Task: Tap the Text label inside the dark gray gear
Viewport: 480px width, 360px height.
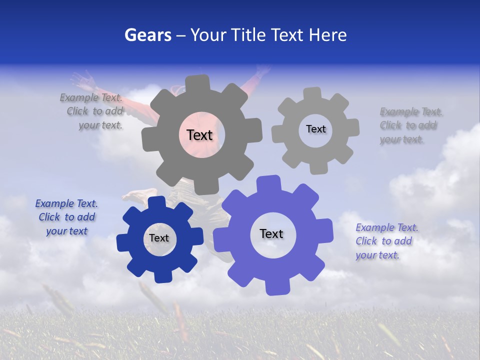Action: pyautogui.click(x=199, y=135)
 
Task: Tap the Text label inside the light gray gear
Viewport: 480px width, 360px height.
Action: pyautogui.click(x=315, y=129)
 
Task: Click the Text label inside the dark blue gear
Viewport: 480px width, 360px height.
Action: pyautogui.click(x=158, y=238)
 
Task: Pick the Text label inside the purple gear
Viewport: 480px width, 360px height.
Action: pyautogui.click(x=271, y=233)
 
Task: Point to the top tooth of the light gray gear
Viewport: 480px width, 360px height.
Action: pyautogui.click(x=312, y=93)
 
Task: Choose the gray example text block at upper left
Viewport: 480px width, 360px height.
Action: pyautogui.click(x=93, y=111)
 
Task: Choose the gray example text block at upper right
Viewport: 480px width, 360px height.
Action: pyautogui.click(x=410, y=125)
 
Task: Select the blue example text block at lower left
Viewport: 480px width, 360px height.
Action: pyautogui.click(x=66, y=217)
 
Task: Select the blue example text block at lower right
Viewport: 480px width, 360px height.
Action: pyautogui.click(x=385, y=241)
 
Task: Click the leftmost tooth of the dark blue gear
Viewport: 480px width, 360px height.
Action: pyautogui.click(x=122, y=243)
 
